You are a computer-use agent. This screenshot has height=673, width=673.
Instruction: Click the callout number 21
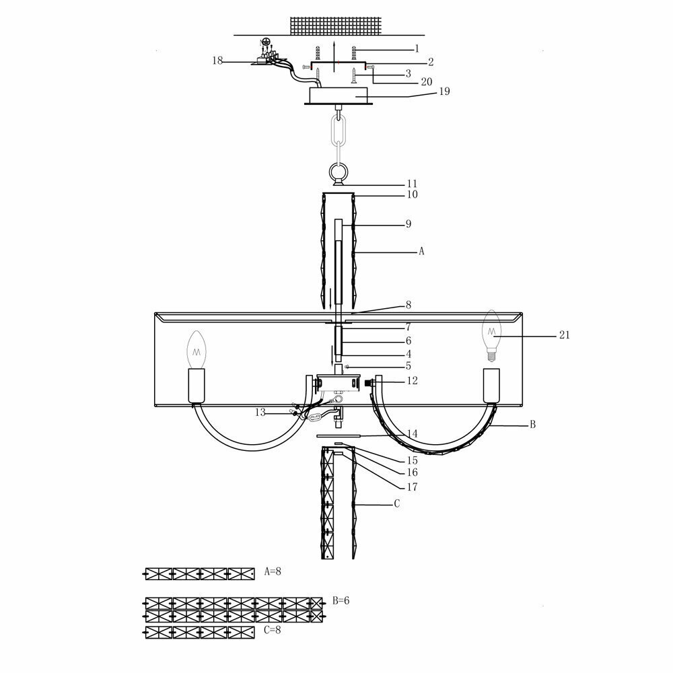(x=564, y=335)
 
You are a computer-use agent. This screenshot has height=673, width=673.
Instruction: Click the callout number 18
(x=217, y=61)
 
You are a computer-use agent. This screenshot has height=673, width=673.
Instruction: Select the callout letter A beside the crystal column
(x=421, y=251)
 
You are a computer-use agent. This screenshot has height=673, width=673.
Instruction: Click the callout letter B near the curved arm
(x=532, y=424)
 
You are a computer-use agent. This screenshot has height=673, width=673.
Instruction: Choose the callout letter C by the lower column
(x=396, y=503)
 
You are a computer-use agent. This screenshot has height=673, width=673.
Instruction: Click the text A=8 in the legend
(x=272, y=571)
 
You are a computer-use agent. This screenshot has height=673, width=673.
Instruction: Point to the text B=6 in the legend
(x=341, y=600)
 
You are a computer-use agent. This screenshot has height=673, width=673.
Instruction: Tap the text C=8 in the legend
(x=272, y=630)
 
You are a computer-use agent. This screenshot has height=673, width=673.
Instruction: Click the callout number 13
(x=260, y=413)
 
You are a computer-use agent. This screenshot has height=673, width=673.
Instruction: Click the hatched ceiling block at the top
(x=334, y=26)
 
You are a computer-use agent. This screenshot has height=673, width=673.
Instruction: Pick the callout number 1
(x=417, y=48)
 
